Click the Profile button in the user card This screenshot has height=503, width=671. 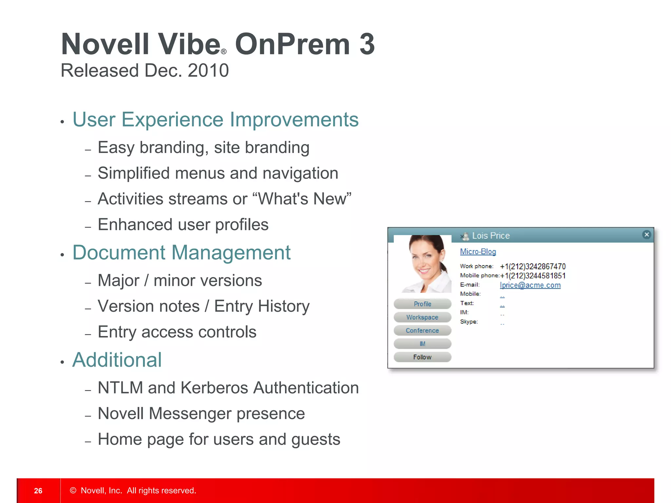[422, 304]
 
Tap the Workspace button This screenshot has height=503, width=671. [422, 317]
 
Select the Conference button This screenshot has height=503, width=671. [422, 330]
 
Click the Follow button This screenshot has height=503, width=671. [422, 357]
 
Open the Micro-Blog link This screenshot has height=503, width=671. [478, 251]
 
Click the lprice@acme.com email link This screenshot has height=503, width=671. [530, 285]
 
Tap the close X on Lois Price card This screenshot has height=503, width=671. [646, 234]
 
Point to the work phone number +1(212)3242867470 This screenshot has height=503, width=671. [533, 267]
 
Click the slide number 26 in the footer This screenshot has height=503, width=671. [38, 491]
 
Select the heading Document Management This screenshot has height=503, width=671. [181, 253]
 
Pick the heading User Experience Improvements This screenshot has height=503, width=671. [215, 120]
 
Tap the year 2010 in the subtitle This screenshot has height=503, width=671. [208, 70]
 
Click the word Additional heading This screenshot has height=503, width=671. [117, 360]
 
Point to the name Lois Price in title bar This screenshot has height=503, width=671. [490, 236]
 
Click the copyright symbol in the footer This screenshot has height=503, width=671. [73, 491]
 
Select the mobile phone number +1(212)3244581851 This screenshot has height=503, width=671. [533, 276]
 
